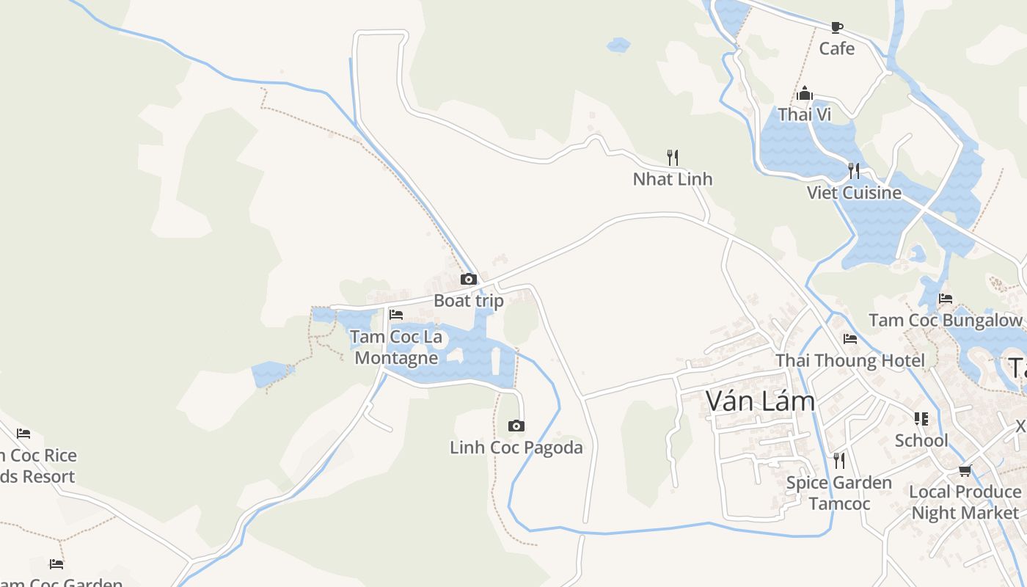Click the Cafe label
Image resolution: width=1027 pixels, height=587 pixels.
[x=836, y=48]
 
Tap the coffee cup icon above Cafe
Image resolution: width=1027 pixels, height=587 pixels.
[x=836, y=27]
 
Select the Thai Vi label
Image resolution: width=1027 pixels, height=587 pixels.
[x=804, y=114]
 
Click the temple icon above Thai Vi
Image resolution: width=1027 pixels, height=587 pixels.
[x=805, y=94]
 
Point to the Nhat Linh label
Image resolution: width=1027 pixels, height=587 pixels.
[x=672, y=179]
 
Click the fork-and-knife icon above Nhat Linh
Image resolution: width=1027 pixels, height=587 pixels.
[x=672, y=156]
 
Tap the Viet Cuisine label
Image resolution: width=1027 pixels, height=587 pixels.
[x=854, y=192]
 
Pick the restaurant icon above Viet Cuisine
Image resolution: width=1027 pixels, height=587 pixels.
[x=853, y=171]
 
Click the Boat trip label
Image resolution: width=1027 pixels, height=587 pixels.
[x=468, y=301]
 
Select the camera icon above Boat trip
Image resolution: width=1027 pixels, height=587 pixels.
[x=468, y=279]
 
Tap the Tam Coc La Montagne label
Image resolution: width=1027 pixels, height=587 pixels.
[x=396, y=347]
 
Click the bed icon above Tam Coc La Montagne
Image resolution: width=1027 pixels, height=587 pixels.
[x=396, y=314]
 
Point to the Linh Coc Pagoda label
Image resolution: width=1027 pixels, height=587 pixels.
[x=516, y=448]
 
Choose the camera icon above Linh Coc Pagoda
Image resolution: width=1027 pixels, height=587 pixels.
[x=516, y=426]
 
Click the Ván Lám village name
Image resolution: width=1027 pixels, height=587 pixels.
[x=760, y=401]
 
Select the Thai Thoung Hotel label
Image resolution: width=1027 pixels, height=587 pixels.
[x=849, y=360]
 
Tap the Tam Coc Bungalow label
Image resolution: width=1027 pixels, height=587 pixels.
[x=945, y=321]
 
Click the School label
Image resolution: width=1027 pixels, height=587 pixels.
[x=921, y=440]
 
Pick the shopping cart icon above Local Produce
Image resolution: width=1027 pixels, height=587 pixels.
[x=965, y=470]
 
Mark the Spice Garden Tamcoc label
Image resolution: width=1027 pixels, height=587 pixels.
[x=838, y=493]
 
